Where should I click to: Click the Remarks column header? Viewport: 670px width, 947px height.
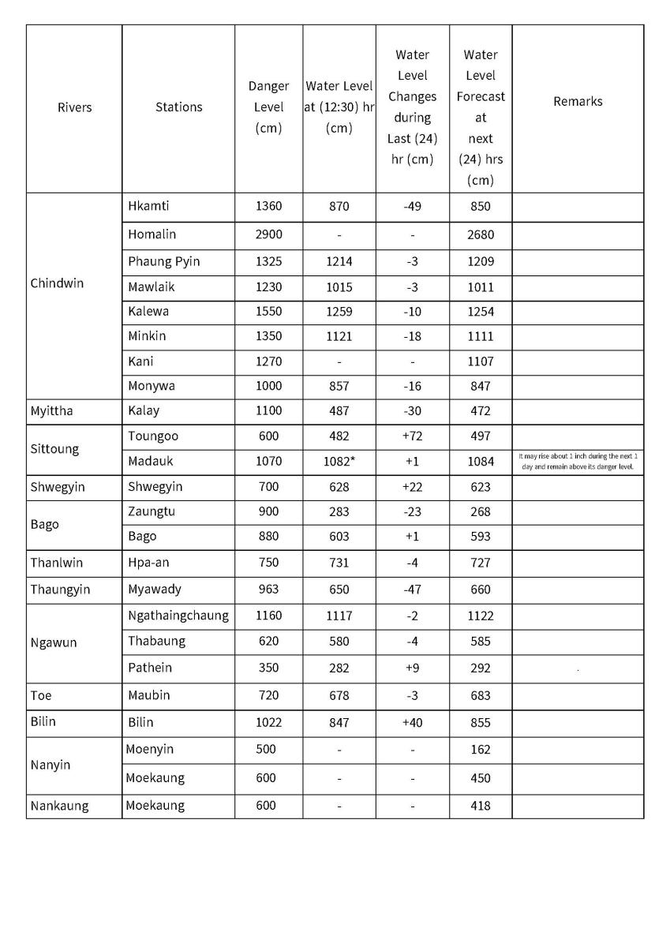[578, 102]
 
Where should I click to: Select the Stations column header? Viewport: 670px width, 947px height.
[178, 107]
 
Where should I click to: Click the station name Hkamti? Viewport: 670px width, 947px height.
[148, 207]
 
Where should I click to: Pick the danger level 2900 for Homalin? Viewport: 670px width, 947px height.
[268, 235]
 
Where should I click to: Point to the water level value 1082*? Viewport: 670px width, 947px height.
[339, 462]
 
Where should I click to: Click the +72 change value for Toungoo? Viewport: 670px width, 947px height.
[412, 436]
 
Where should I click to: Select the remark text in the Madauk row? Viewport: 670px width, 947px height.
[578, 462]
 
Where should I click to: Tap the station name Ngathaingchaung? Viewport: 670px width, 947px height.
[178, 616]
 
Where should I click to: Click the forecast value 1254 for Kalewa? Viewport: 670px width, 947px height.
[480, 312]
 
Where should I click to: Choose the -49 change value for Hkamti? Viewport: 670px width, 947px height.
[412, 207]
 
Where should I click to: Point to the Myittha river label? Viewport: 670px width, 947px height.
[51, 411]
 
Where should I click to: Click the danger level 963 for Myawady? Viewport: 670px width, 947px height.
[268, 590]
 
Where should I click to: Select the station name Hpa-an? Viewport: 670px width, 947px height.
[149, 563]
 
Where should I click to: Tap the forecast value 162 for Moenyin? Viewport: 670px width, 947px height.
[480, 750]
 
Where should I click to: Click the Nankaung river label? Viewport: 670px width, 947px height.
[59, 806]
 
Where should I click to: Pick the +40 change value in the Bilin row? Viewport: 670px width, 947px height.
[412, 722]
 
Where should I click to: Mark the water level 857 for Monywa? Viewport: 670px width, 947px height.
[339, 387]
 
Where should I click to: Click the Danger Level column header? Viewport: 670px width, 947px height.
[268, 107]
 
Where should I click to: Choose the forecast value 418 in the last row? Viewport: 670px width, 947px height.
[480, 806]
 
